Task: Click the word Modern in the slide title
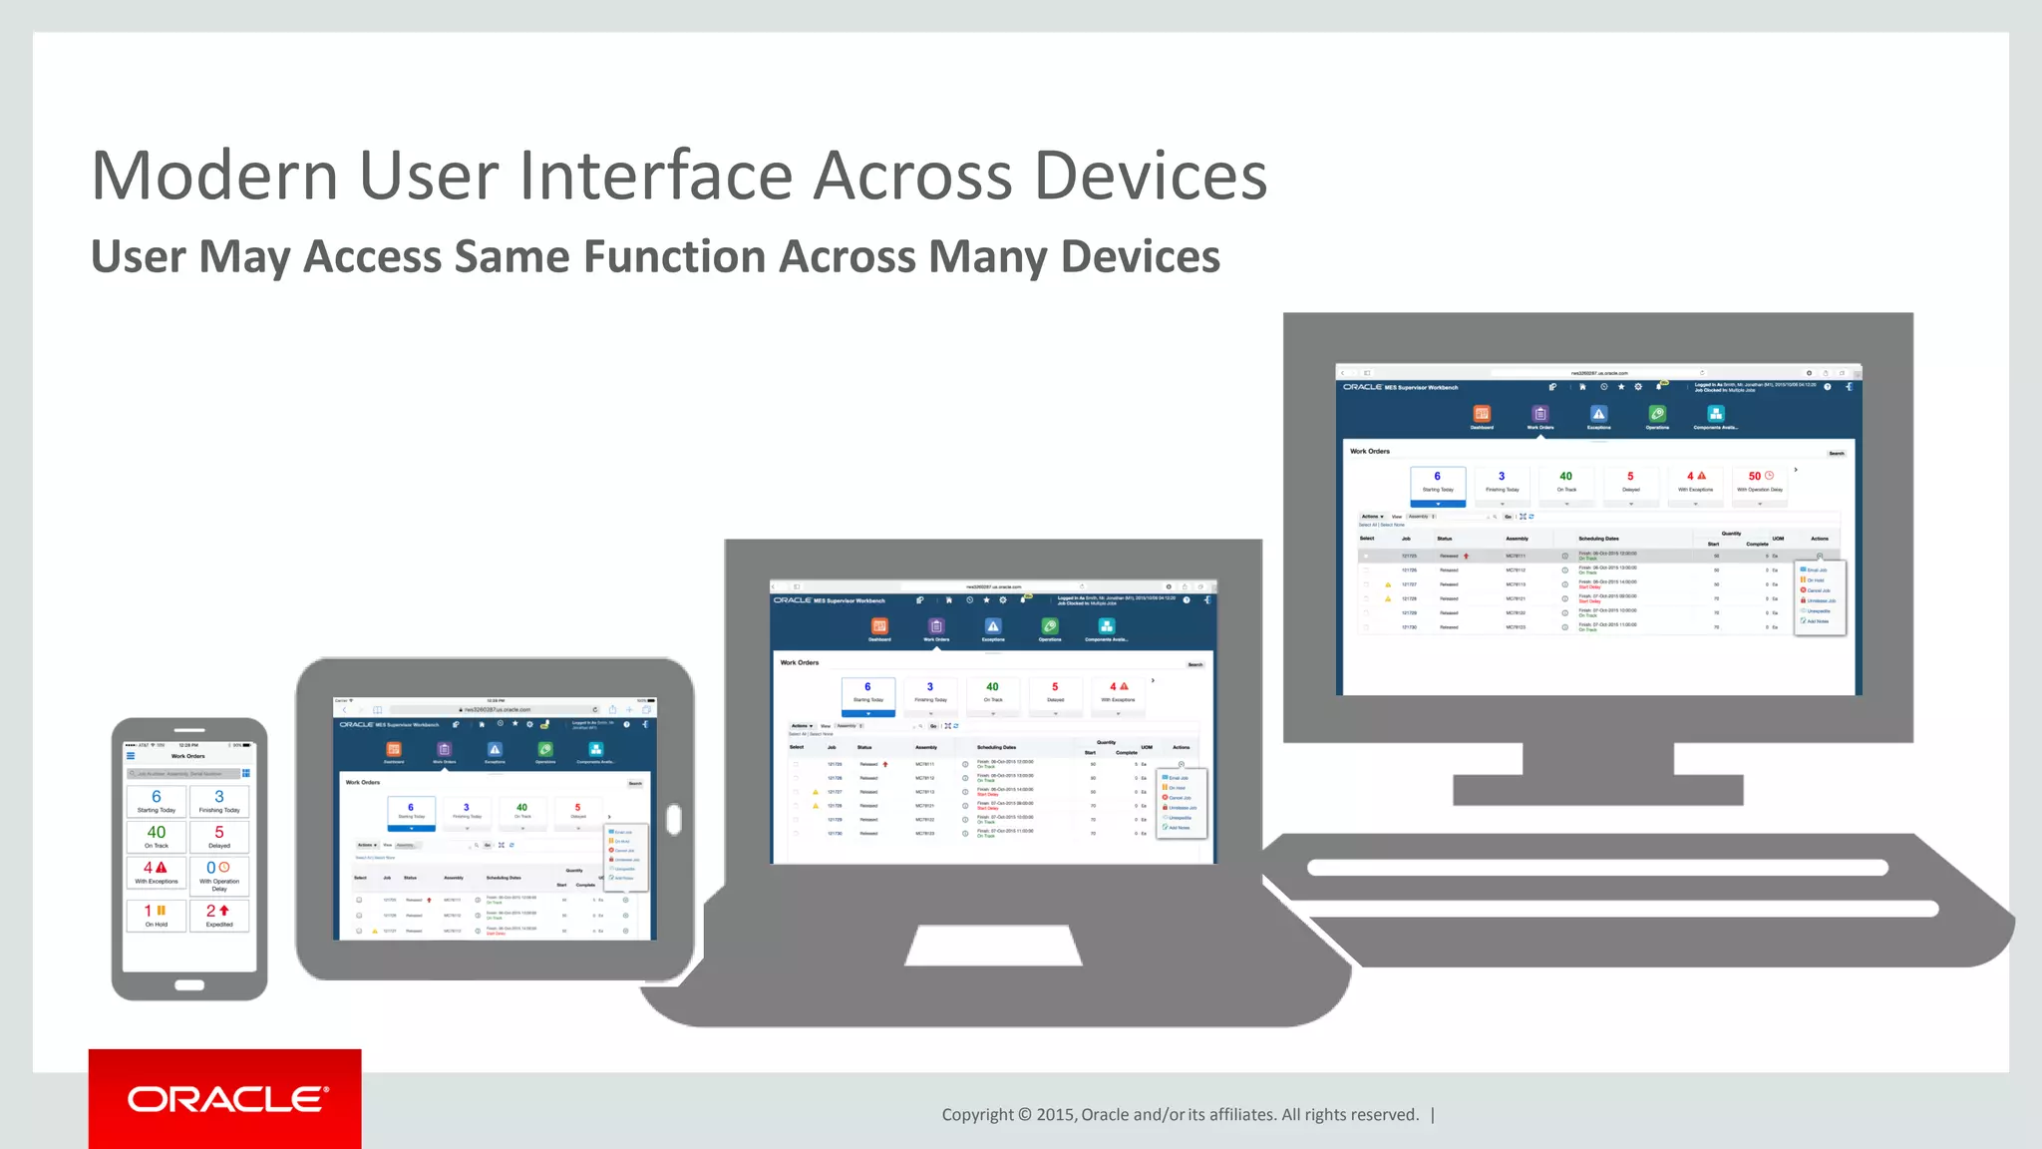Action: point(214,177)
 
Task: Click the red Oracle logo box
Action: point(225,1098)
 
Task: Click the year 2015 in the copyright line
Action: point(1055,1115)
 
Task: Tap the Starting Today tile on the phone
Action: point(157,801)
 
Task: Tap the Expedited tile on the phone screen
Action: point(219,915)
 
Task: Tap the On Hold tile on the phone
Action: point(157,915)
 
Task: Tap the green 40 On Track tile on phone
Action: point(157,837)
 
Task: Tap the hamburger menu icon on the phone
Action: point(131,756)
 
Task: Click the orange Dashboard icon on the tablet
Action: point(394,750)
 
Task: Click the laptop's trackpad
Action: point(993,945)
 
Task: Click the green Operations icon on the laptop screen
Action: point(1050,627)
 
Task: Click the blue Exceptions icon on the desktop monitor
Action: point(1598,415)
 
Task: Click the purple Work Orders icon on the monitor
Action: point(1540,415)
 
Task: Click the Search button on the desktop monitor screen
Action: point(1836,453)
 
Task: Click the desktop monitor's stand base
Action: point(1597,790)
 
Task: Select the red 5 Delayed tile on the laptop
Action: point(1055,691)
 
